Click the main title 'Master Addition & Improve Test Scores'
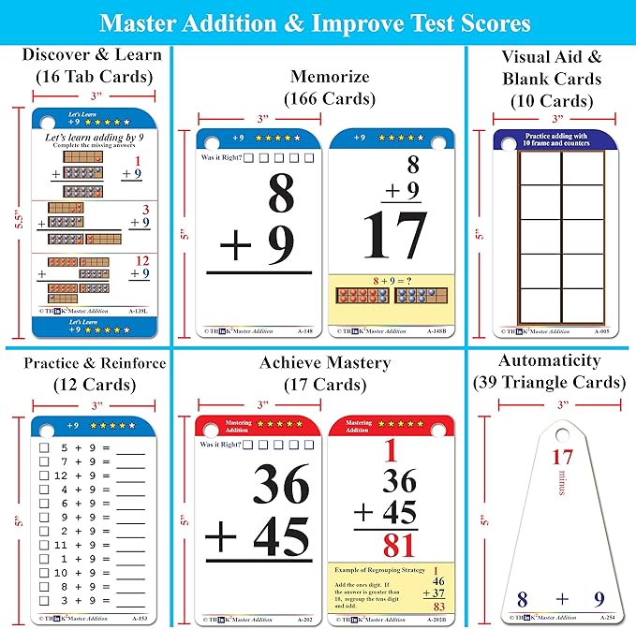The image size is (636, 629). click(317, 22)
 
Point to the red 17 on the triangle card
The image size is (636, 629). click(561, 458)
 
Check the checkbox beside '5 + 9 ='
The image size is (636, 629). click(44, 448)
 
